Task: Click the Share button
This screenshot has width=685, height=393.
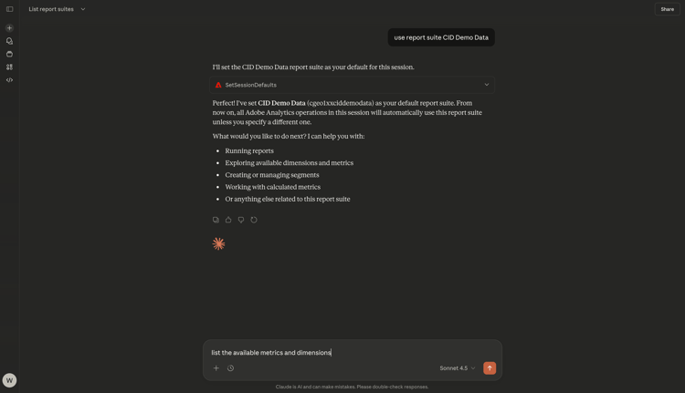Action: coord(667,9)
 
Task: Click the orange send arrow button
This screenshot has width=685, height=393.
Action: coord(490,368)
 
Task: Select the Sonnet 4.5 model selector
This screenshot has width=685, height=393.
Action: coord(457,368)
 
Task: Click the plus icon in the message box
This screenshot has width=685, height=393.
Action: coord(216,368)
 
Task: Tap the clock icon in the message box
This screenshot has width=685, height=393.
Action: coord(231,368)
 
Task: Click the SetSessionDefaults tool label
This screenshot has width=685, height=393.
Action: coord(250,85)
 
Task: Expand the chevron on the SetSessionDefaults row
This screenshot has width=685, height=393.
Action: coord(487,85)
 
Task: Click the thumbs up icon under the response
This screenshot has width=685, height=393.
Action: coord(228,220)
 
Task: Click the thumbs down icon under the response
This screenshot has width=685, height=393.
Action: coord(241,220)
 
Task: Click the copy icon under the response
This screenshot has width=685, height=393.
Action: coord(216,220)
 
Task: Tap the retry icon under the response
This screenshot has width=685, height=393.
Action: coord(254,220)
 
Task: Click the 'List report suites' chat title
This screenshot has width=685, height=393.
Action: coord(51,9)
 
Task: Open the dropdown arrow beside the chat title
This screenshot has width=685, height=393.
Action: coord(83,9)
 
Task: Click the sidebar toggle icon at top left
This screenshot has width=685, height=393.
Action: coord(9,9)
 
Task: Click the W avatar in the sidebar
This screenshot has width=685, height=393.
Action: coord(9,380)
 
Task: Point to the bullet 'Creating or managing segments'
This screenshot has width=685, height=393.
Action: coord(271,175)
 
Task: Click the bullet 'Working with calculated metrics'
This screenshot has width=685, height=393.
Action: coord(274,187)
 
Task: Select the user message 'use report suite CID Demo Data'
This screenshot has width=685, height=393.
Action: coord(441,37)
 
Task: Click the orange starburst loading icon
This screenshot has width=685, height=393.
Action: coord(219,243)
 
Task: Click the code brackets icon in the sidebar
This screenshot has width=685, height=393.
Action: coord(9,80)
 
